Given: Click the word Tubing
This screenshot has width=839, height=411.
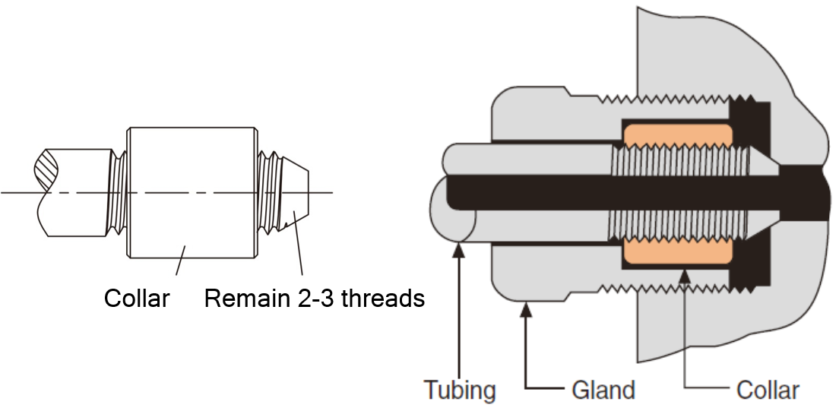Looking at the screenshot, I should click(x=460, y=390).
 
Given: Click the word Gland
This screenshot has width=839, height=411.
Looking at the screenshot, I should click(x=603, y=390).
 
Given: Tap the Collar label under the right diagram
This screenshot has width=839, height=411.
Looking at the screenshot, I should click(x=767, y=390).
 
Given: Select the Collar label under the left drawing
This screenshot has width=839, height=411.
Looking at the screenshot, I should click(x=137, y=298).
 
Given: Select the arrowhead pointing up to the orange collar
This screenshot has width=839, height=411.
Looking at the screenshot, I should click(x=684, y=274).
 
